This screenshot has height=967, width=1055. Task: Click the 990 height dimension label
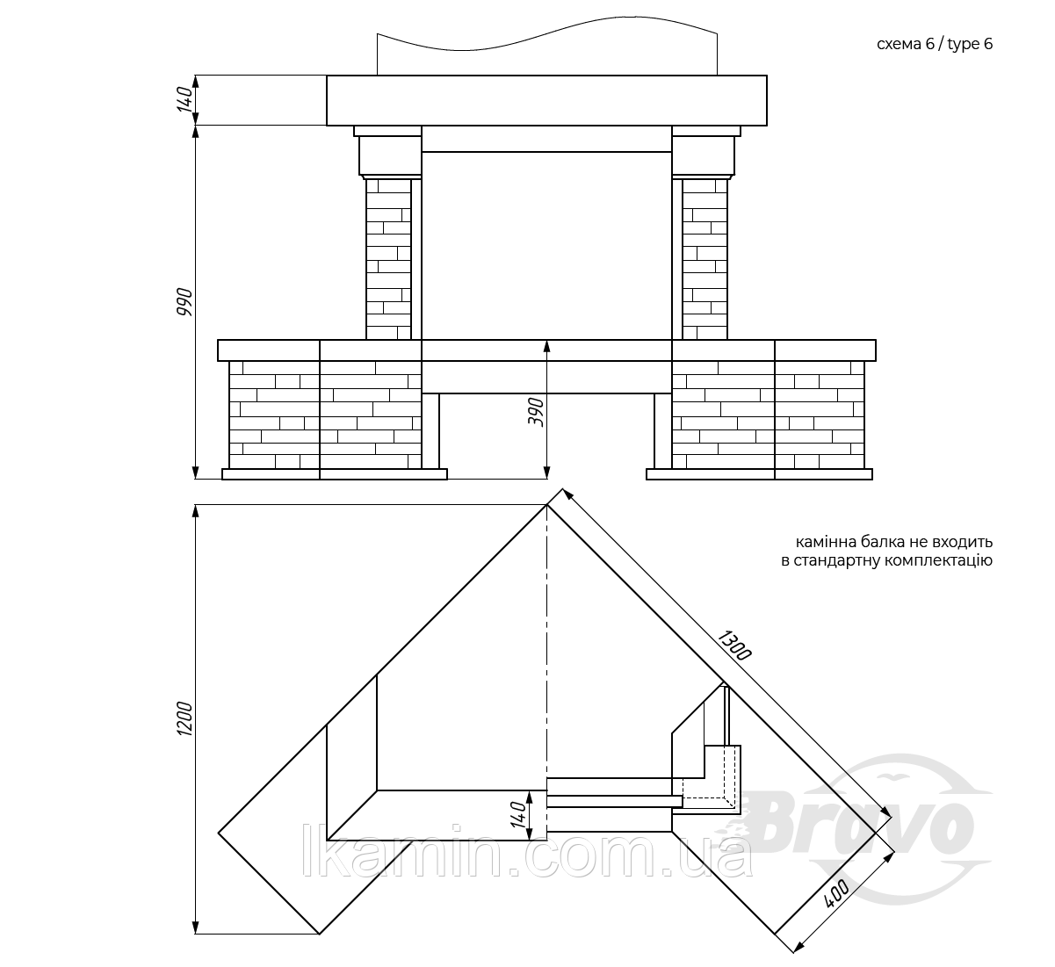click(184, 301)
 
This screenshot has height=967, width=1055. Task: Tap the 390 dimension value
click(536, 412)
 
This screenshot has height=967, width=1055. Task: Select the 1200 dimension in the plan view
click(184, 718)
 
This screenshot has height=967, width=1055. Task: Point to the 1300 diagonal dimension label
click(734, 645)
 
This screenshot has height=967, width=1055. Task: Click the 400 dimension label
click(836, 893)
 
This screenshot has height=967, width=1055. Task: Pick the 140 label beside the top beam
click(184, 100)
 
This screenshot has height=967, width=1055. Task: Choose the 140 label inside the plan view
click(518, 814)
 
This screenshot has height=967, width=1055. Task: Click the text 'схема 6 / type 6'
click(935, 44)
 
